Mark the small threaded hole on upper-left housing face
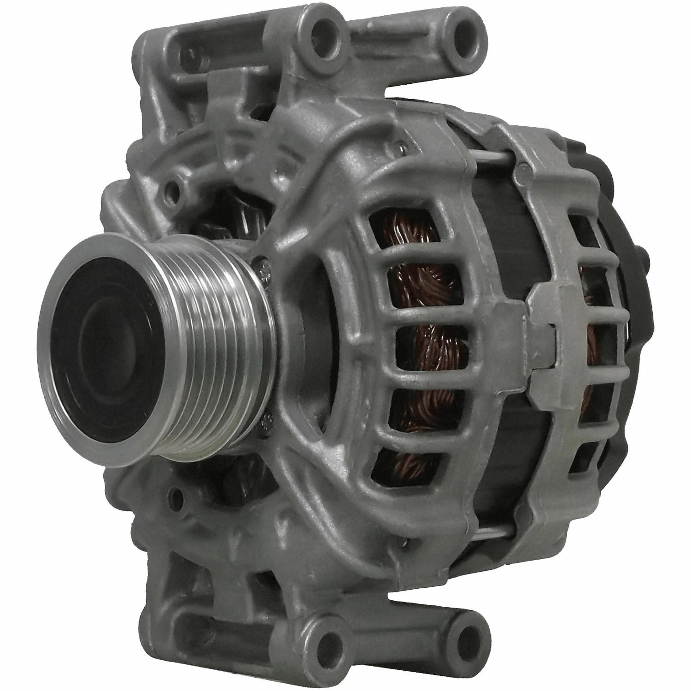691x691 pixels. (176, 189)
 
